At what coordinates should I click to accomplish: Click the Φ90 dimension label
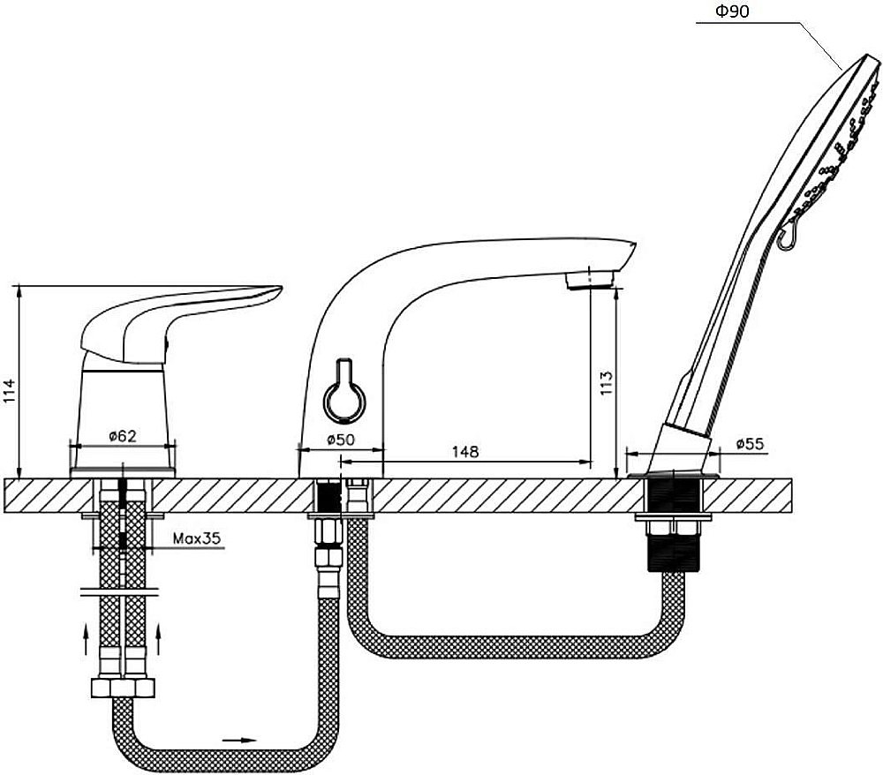(x=732, y=11)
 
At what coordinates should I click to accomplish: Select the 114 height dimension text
(x=10, y=391)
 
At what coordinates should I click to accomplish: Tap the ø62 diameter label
(x=122, y=436)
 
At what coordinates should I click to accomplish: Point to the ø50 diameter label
(x=341, y=440)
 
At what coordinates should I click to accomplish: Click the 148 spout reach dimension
(x=465, y=451)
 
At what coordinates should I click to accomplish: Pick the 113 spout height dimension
(x=606, y=382)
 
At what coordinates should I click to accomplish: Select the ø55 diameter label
(x=750, y=444)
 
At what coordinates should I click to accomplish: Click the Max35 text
(x=197, y=538)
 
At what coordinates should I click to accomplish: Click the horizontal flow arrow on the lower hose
(x=240, y=740)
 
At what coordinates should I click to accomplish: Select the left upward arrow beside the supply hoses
(x=86, y=639)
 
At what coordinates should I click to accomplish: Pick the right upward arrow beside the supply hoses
(x=158, y=639)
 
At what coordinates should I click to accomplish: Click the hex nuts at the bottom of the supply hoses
(x=123, y=688)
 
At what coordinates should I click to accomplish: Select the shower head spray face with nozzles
(x=834, y=152)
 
